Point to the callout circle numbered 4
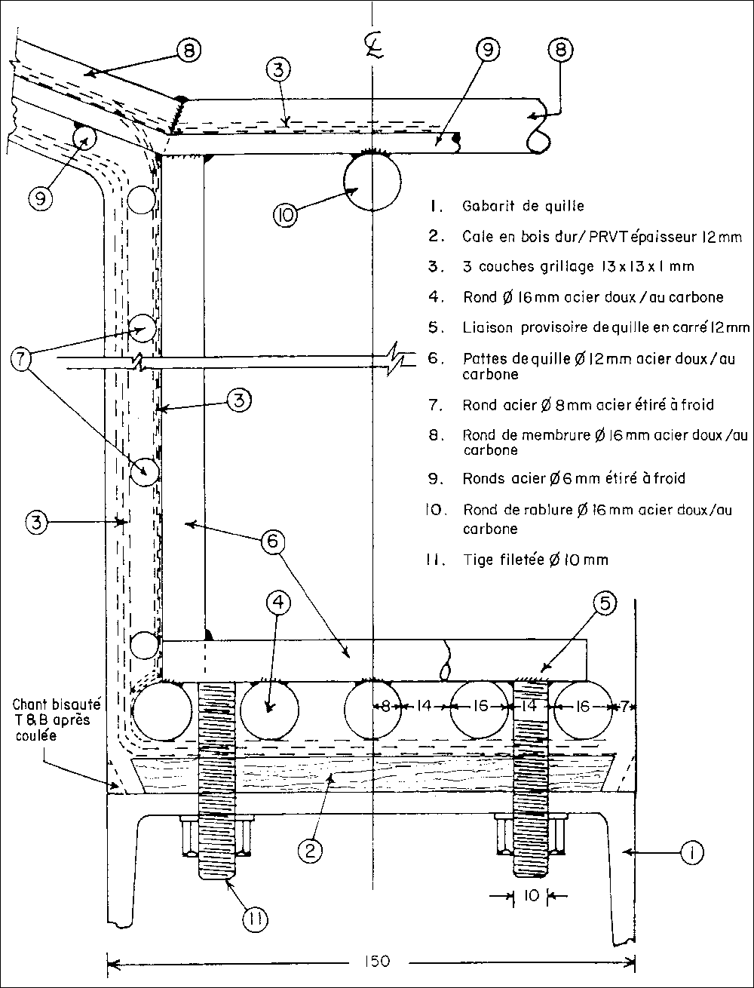point(278,604)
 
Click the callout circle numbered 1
point(691,853)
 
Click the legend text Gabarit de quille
point(523,205)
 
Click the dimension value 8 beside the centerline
point(385,707)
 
